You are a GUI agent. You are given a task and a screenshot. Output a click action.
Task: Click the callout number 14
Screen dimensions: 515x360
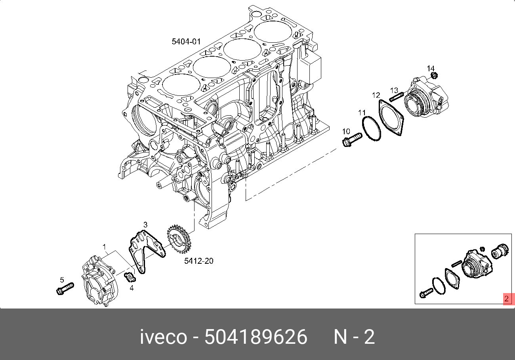[x=431, y=69]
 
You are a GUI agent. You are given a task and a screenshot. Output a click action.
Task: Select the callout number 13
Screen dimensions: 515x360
[x=394, y=90]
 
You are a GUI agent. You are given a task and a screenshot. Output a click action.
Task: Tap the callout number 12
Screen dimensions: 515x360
[x=376, y=95]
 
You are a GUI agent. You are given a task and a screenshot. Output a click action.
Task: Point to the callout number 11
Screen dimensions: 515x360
[x=362, y=112]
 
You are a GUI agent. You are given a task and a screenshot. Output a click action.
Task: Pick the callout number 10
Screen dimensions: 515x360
[x=346, y=131]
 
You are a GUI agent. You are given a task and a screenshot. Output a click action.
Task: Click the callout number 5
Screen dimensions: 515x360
[x=62, y=280]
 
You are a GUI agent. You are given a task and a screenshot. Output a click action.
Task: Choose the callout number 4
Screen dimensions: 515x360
[x=132, y=288]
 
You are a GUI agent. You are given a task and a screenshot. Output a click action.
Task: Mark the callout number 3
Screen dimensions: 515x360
[x=145, y=225]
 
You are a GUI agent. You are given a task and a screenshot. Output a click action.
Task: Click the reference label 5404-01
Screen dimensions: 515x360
[x=186, y=42]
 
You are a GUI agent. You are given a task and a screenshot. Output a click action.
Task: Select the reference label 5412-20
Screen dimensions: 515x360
[x=199, y=261]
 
